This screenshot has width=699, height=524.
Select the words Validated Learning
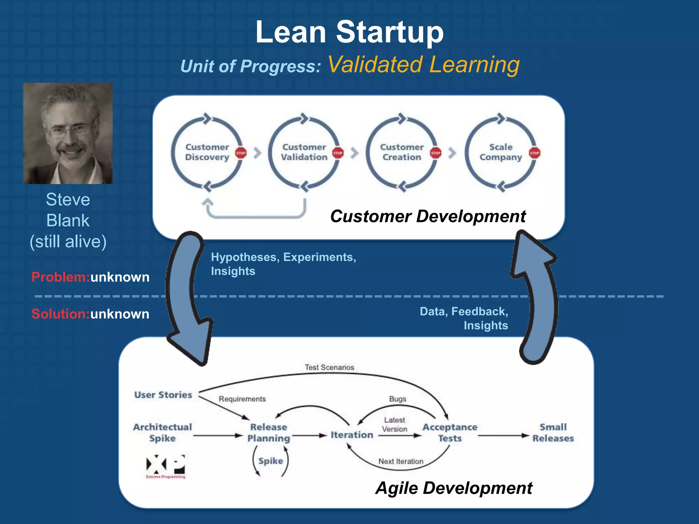[424, 64]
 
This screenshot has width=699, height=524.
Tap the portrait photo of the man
[68, 133]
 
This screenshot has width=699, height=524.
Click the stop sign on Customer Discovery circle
[241, 153]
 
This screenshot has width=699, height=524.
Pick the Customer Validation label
[304, 152]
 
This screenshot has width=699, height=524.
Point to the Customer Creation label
[402, 152]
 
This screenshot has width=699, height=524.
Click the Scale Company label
[501, 152]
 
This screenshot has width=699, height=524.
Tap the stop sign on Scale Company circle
[534, 153]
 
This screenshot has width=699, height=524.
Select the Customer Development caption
[428, 216]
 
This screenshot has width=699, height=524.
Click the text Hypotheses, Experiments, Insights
[283, 264]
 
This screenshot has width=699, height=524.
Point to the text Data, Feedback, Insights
[464, 318]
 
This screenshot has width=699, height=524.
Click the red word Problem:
[60, 277]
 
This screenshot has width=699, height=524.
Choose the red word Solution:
[60, 314]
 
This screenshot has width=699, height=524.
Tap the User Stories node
[163, 395]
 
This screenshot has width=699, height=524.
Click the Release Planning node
[269, 433]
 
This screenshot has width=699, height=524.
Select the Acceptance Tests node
[450, 433]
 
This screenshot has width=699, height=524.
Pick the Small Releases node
[553, 433]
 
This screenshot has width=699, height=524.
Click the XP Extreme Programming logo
[166, 466]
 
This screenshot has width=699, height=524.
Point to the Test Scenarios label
[329, 367]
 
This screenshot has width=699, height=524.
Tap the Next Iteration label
[401, 462]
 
